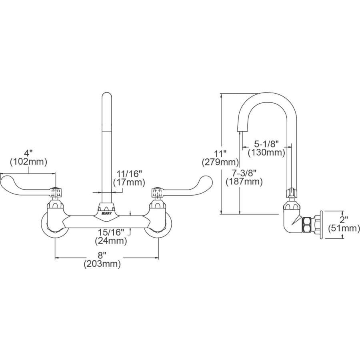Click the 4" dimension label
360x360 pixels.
click(x=28, y=153)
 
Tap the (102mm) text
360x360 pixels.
click(x=28, y=162)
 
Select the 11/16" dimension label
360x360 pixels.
click(x=129, y=174)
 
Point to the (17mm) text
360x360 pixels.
click(x=129, y=183)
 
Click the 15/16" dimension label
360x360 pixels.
click(x=111, y=232)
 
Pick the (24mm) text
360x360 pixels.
click(x=111, y=241)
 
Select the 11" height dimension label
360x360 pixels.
click(x=220, y=153)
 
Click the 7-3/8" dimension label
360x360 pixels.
click(x=244, y=172)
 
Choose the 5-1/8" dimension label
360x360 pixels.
click(x=266, y=144)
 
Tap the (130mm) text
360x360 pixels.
click(x=266, y=152)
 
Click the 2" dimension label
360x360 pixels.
click(x=344, y=220)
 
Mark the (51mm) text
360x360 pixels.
click(x=344, y=228)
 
